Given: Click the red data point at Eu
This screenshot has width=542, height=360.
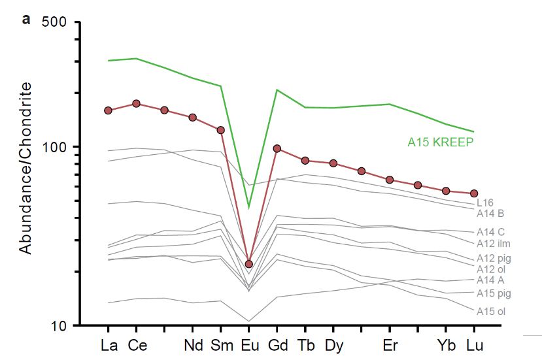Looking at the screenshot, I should [249, 264].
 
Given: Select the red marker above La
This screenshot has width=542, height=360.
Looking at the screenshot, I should [108, 110].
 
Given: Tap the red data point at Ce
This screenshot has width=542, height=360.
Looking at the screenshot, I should [136, 103].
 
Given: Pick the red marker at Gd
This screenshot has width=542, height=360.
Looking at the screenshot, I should [277, 148].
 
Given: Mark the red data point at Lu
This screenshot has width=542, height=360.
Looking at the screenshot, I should [474, 193].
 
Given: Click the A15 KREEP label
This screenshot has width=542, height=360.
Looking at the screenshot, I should [440, 141].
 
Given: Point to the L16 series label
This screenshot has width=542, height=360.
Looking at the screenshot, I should [485, 203].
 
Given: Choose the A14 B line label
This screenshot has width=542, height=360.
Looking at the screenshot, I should [490, 213].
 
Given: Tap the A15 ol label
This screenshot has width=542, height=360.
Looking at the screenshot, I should [490, 311].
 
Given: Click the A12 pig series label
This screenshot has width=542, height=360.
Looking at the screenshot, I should [494, 258].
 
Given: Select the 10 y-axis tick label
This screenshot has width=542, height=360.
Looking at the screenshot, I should [59, 325].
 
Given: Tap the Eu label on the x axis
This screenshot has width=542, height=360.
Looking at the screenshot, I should [249, 344].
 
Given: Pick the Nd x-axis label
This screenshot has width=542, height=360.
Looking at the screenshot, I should [193, 344].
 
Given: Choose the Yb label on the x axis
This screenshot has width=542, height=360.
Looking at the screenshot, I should [446, 344].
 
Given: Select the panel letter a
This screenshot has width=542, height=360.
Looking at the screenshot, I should [26, 19].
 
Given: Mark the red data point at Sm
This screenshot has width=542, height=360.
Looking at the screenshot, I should [221, 130].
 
